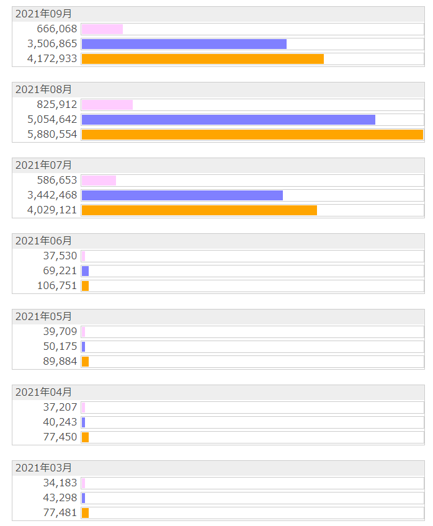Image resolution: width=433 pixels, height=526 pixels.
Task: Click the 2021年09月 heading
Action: coord(43,14)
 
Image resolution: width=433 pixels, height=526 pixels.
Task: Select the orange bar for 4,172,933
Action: coord(202,59)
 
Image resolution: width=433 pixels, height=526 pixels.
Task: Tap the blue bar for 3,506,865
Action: coord(184,44)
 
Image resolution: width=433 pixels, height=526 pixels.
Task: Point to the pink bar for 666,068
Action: coord(102,29)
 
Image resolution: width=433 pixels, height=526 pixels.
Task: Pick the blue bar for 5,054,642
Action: coord(228,120)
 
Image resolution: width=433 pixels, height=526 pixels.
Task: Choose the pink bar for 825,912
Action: coord(107,105)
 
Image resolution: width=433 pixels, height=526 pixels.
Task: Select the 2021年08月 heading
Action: coord(43,90)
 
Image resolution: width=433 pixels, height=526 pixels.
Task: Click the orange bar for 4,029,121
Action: coord(199,210)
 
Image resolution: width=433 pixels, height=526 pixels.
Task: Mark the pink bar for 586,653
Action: coord(99,181)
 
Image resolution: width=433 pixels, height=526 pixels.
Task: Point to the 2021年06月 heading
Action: coord(43,241)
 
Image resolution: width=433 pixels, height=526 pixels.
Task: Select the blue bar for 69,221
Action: coord(85,271)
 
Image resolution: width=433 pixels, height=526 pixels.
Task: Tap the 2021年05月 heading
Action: coord(43,317)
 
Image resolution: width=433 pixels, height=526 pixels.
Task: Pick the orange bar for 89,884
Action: coord(85,362)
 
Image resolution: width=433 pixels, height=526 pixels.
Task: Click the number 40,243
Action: coord(60,422)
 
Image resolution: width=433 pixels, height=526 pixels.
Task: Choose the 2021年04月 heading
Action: coord(43,393)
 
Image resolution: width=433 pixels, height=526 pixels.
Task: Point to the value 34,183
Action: coord(60,483)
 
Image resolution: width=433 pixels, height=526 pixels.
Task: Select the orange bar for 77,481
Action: coord(85,513)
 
